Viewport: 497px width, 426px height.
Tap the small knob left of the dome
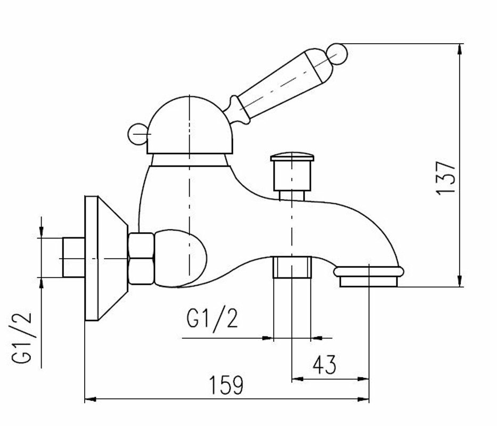pos(137,134)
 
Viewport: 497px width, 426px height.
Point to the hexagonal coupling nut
pos(142,258)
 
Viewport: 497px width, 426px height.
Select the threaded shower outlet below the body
pos(291,267)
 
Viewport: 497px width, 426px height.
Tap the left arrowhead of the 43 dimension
pos(296,379)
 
